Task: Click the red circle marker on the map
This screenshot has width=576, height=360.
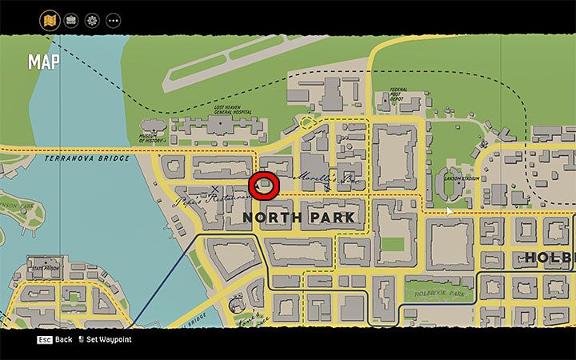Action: tap(263, 186)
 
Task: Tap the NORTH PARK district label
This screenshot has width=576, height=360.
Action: tap(298, 218)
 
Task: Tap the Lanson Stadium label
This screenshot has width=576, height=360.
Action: tap(462, 178)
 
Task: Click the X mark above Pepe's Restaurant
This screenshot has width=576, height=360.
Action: tap(214, 190)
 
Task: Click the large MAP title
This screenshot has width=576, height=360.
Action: tap(43, 62)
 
